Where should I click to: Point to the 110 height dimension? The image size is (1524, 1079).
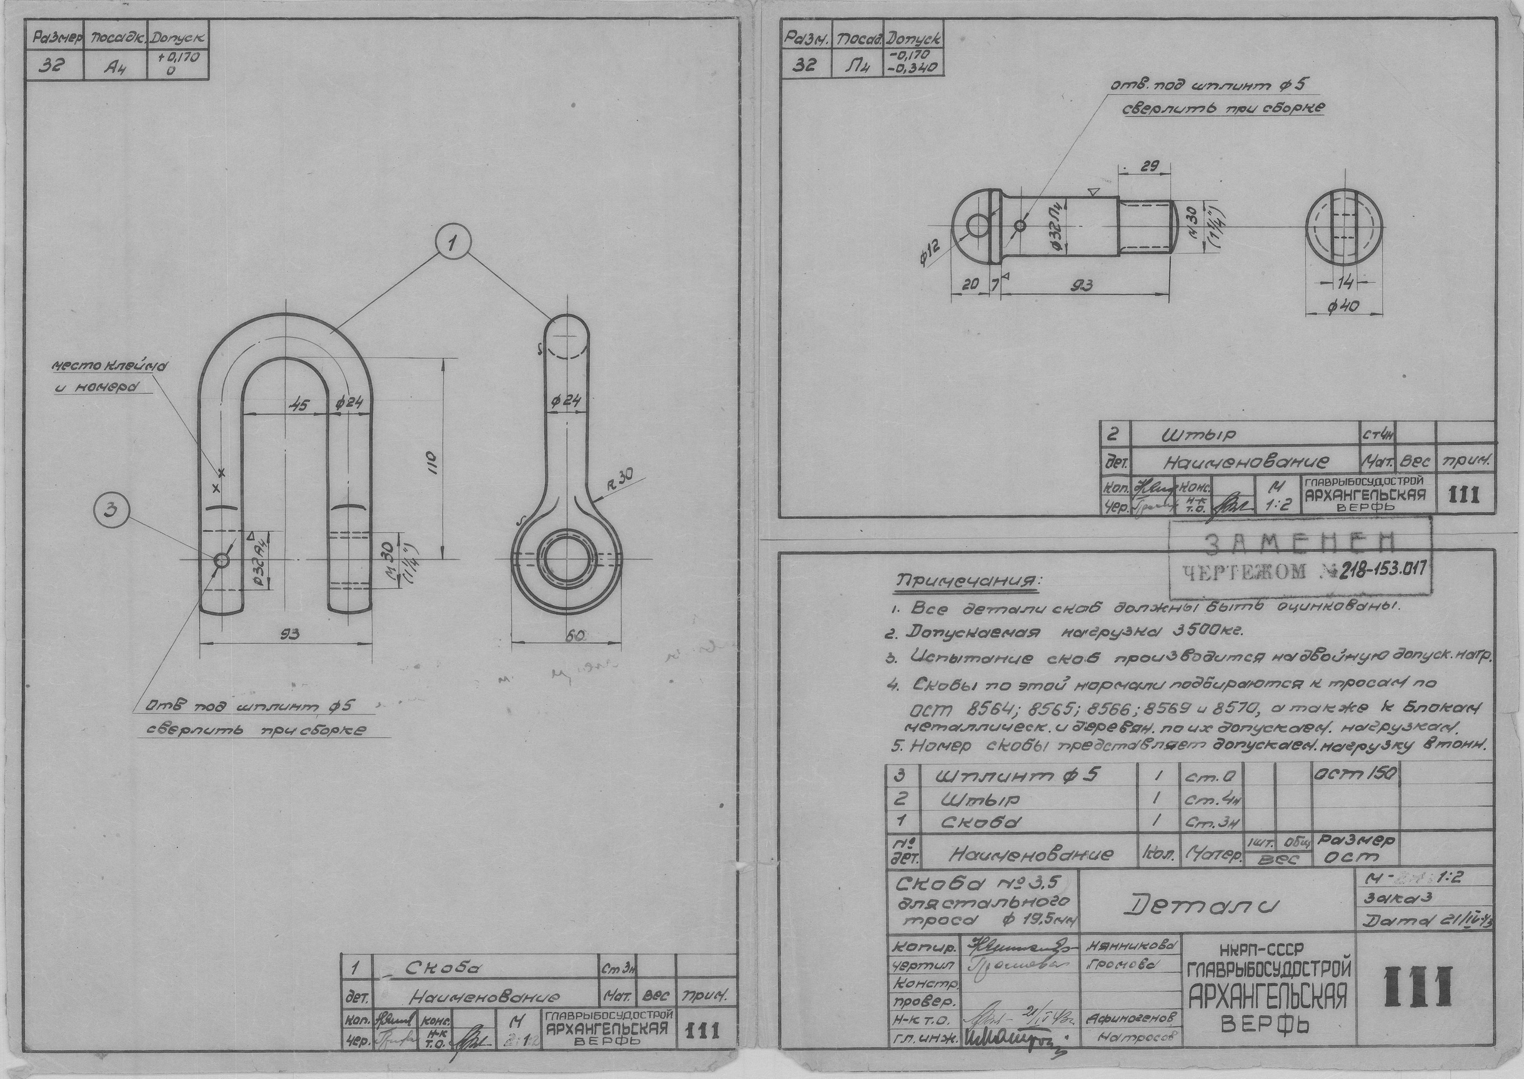click(x=431, y=458)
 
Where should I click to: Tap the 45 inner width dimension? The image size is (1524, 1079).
click(x=299, y=404)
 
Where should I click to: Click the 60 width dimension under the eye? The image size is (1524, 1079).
click(x=574, y=636)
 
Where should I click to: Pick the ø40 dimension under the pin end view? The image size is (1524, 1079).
click(x=1344, y=306)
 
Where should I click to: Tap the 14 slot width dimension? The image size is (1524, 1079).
click(x=1344, y=283)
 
